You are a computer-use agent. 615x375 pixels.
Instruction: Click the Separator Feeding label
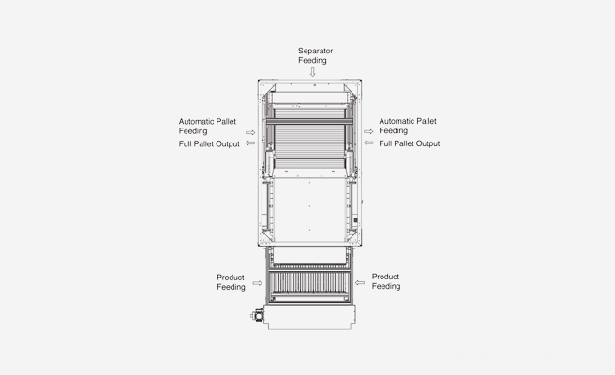pyautogui.click(x=315, y=55)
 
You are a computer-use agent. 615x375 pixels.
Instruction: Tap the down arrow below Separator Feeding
pyautogui.click(x=312, y=72)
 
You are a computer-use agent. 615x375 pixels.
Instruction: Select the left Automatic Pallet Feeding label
pyautogui.click(x=207, y=126)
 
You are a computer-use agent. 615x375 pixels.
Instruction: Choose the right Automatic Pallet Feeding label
pyautogui.click(x=408, y=126)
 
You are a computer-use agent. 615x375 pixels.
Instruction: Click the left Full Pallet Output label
pyautogui.click(x=209, y=144)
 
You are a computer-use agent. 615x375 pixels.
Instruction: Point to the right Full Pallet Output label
pyautogui.click(x=410, y=143)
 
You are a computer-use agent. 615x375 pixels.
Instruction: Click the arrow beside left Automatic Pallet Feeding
pyautogui.click(x=250, y=132)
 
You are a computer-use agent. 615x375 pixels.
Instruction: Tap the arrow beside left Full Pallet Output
pyautogui.click(x=250, y=143)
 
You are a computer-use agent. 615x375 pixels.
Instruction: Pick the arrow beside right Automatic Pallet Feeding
pyautogui.click(x=368, y=132)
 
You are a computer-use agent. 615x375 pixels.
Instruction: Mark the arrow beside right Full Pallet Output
pyautogui.click(x=368, y=142)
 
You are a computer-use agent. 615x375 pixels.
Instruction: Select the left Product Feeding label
pyautogui.click(x=231, y=282)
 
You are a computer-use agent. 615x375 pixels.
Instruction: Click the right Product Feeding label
pyautogui.click(x=386, y=281)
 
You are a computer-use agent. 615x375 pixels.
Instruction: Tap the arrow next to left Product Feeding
pyautogui.click(x=257, y=283)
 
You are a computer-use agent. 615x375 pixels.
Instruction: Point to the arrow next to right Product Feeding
pyautogui.click(x=360, y=282)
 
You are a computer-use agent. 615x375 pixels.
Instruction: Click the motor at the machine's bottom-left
pyautogui.click(x=258, y=315)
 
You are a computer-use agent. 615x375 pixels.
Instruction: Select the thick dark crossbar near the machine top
pyautogui.click(x=310, y=122)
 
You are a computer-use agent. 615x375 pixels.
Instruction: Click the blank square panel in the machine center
pyautogui.click(x=309, y=210)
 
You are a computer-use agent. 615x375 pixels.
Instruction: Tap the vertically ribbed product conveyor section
pyautogui.click(x=309, y=282)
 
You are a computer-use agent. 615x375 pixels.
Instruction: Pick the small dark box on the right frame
pyautogui.click(x=355, y=220)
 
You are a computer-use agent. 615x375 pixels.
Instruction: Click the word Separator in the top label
pyautogui.click(x=315, y=51)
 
